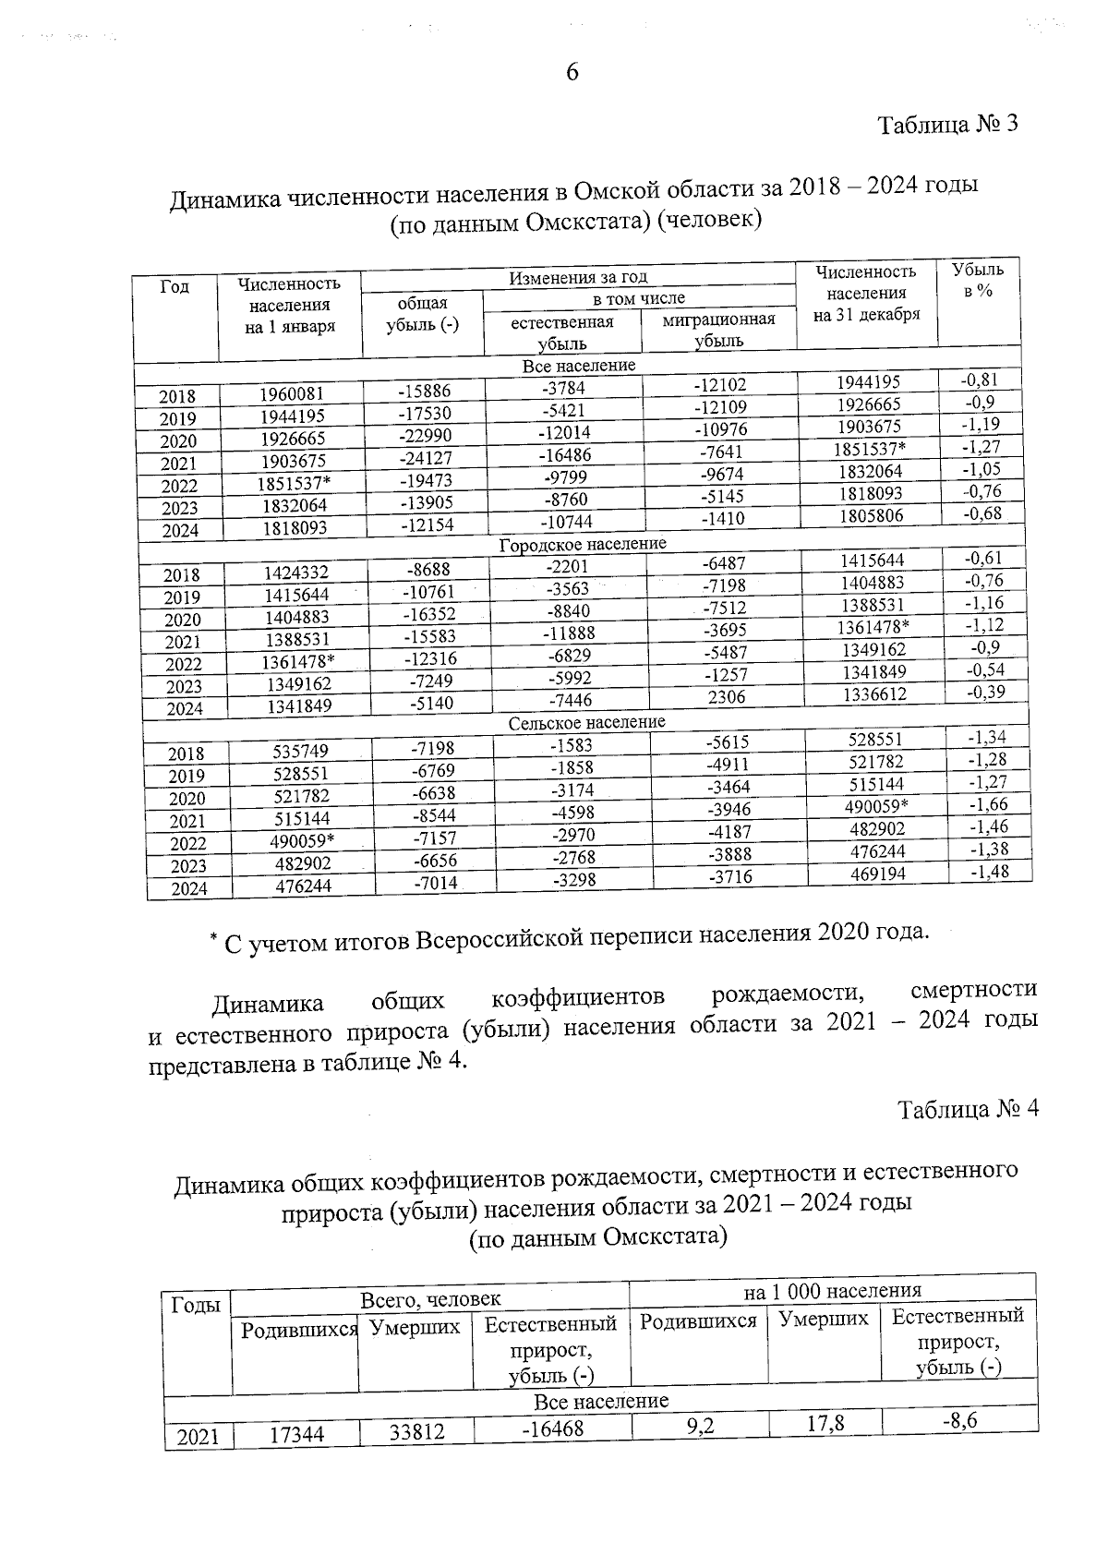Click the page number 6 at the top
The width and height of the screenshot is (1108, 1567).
tap(572, 73)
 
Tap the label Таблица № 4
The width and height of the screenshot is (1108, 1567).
tap(969, 1109)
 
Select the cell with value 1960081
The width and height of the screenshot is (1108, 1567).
tap(291, 394)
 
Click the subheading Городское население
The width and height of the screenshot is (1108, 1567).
tap(583, 545)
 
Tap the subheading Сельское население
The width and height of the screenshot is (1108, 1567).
tap(586, 722)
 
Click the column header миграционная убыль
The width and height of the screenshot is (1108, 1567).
tap(718, 330)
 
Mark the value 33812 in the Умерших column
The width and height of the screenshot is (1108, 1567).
tap(415, 1431)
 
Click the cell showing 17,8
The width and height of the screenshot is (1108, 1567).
tap(825, 1425)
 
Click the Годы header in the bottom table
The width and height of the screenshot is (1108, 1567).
tap(196, 1305)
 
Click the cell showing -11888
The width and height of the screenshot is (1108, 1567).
tap(570, 633)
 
